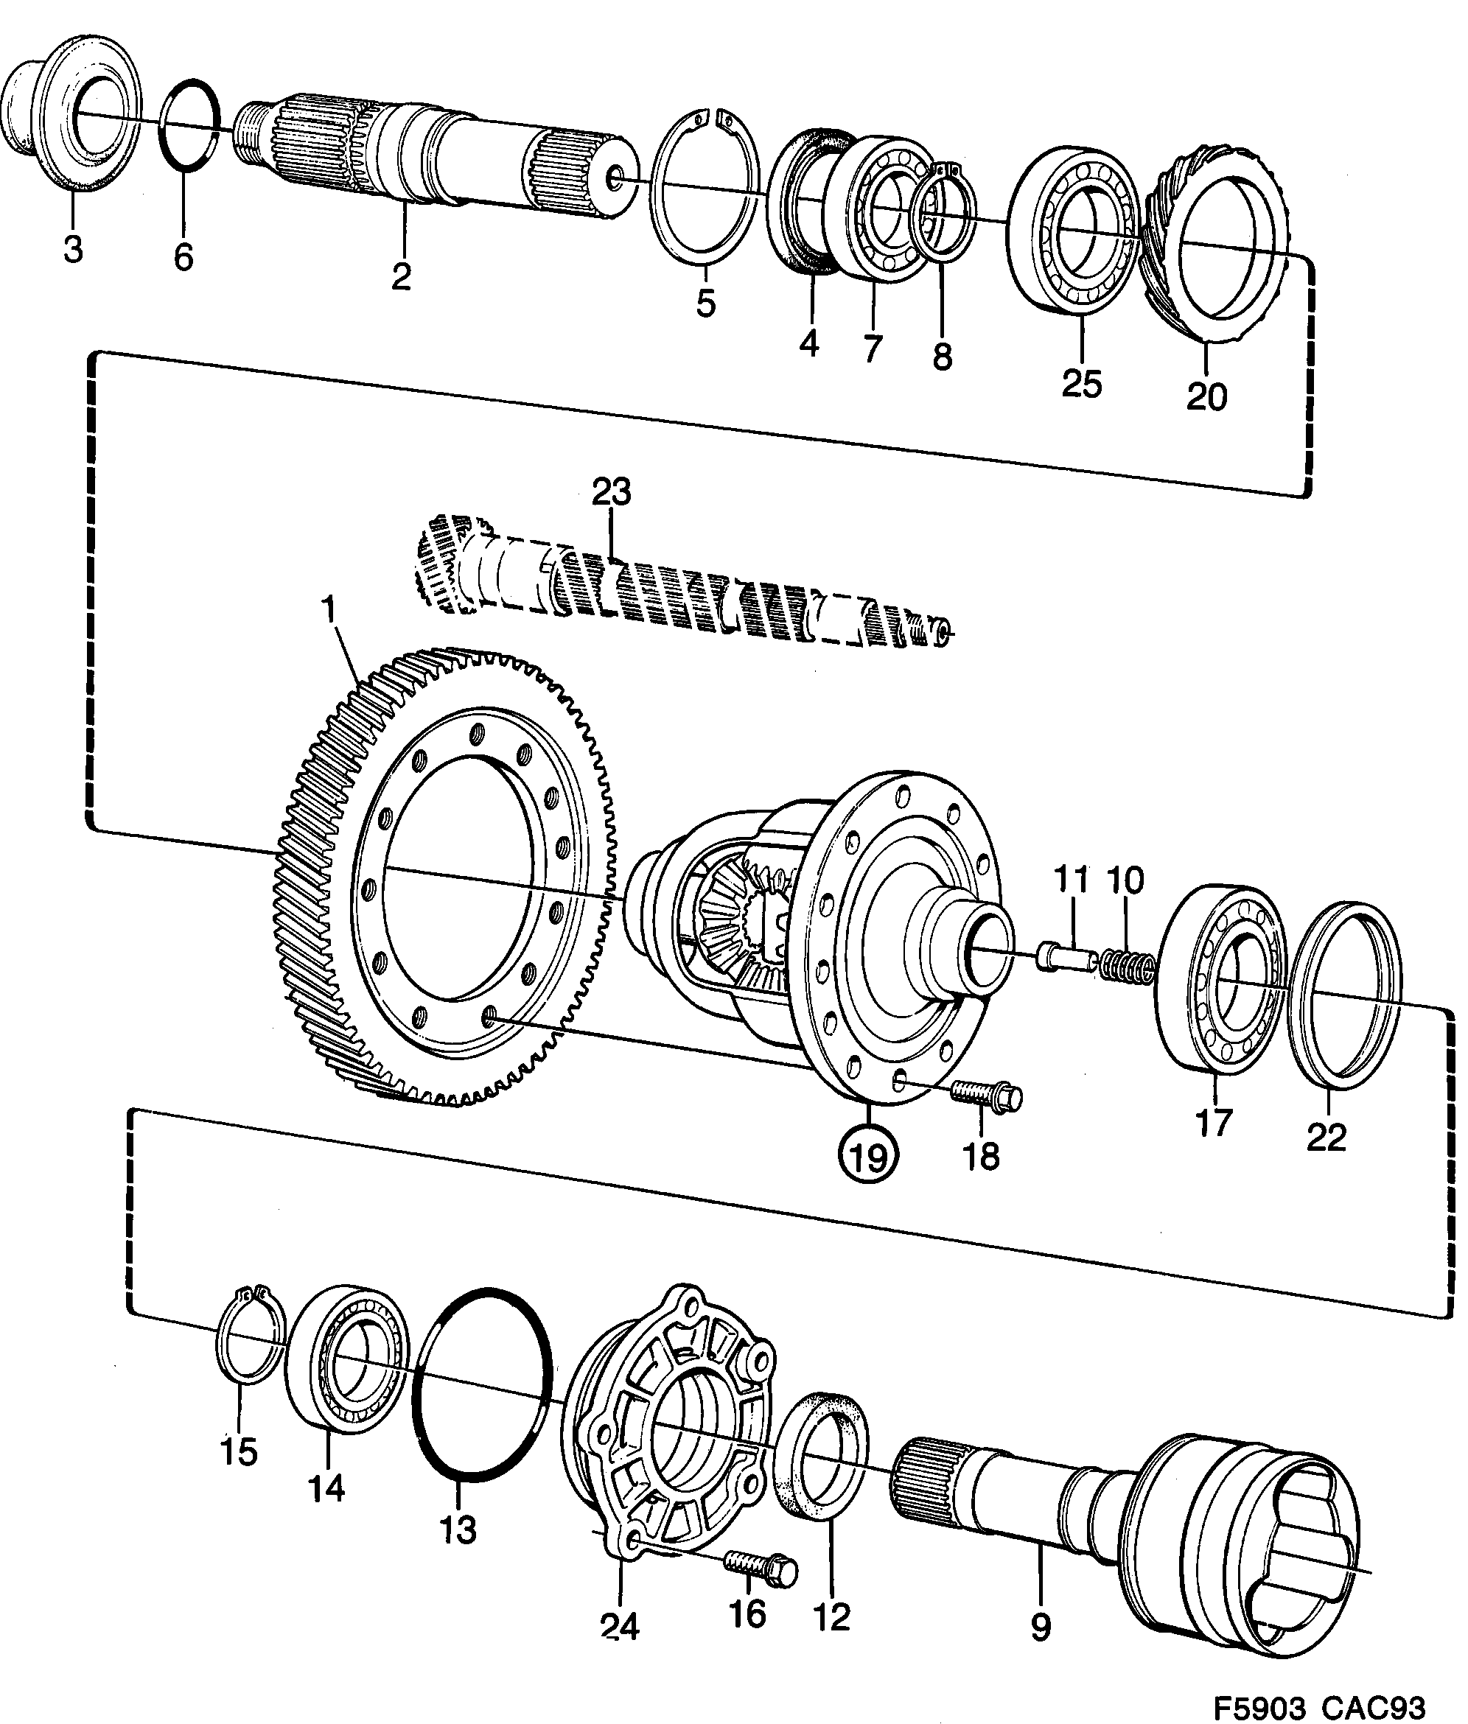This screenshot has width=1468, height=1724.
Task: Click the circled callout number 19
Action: [867, 1156]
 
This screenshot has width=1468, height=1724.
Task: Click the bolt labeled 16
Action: [761, 1569]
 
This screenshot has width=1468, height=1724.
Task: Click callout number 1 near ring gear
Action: [330, 612]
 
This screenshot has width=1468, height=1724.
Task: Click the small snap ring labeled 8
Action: [946, 211]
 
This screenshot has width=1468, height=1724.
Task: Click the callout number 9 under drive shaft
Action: [1041, 1626]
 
